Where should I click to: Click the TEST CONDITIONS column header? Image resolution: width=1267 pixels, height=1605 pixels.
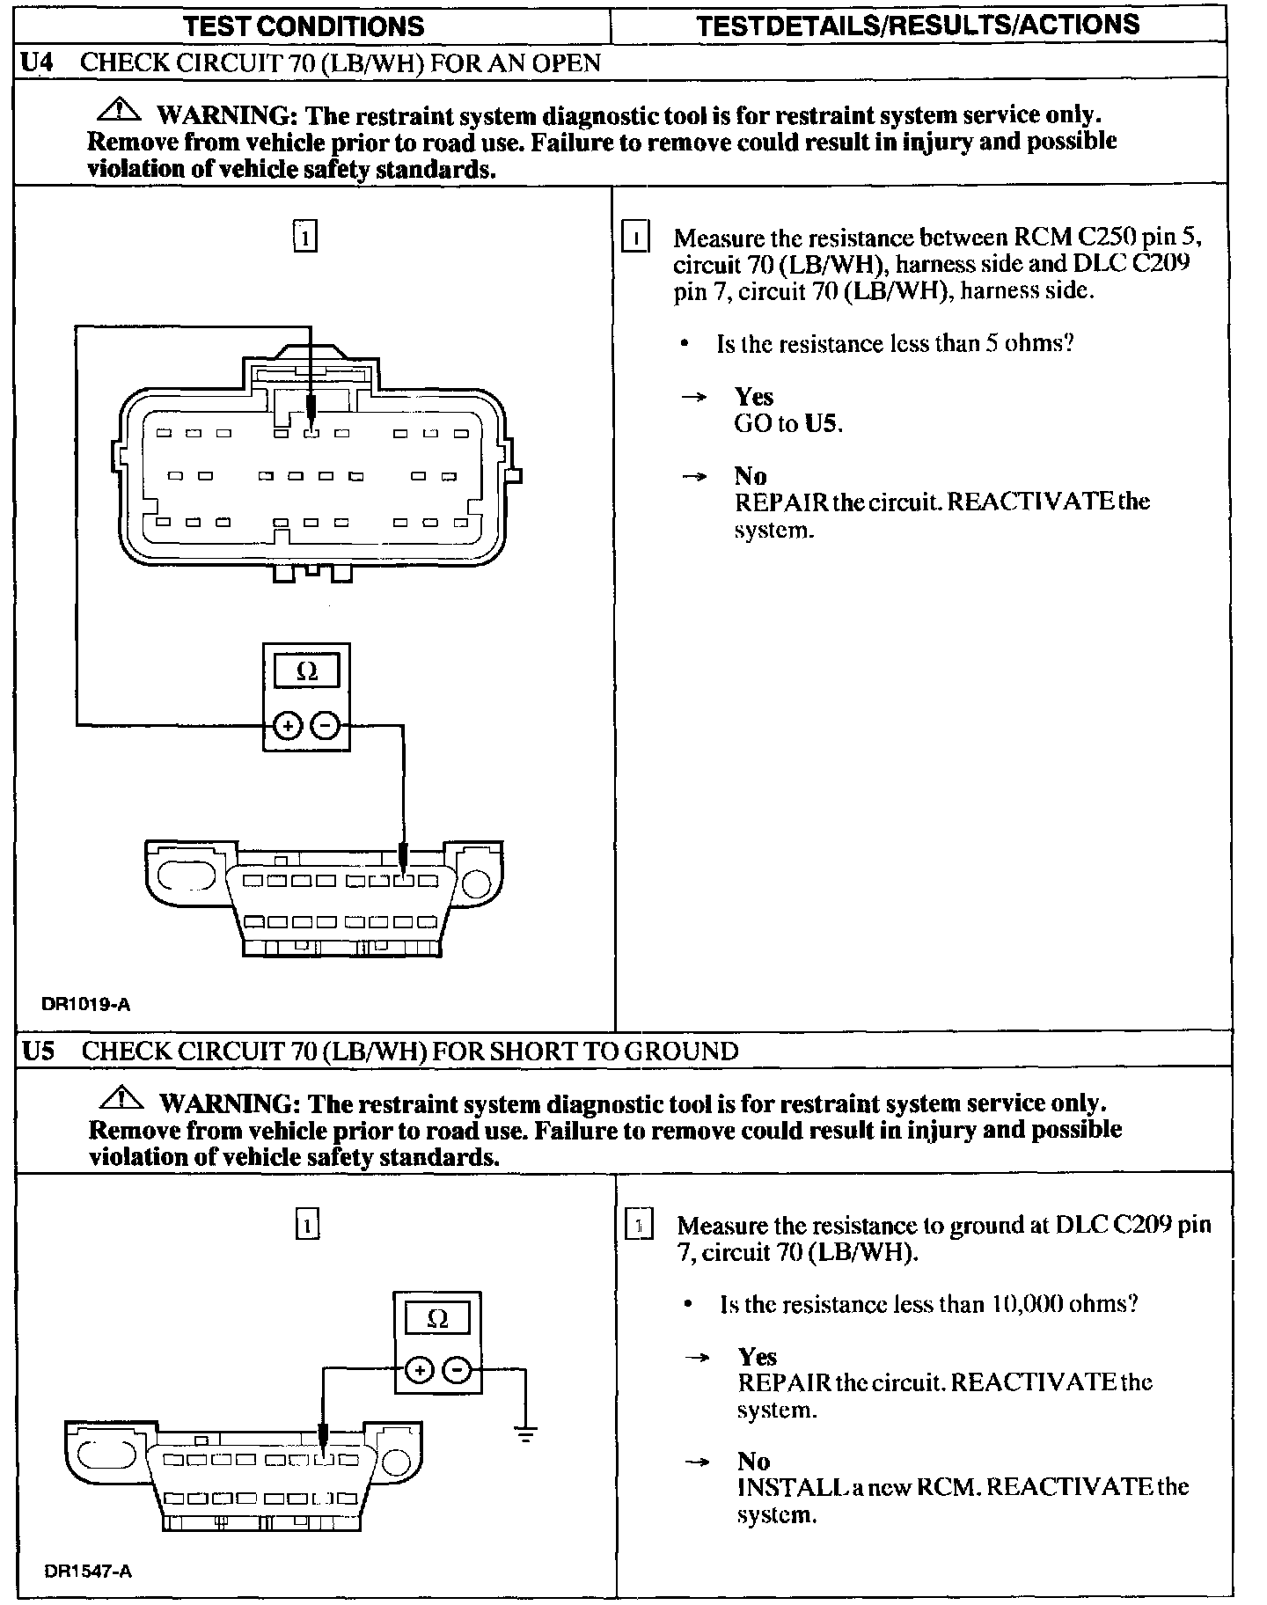(x=304, y=26)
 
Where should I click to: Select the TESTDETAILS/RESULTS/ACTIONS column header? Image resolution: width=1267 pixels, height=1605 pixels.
(x=918, y=25)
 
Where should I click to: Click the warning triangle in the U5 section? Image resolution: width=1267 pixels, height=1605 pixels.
(x=122, y=1099)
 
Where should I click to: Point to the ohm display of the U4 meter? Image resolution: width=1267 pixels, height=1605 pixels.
(x=306, y=672)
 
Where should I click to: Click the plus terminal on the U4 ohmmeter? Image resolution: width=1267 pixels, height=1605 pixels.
(x=288, y=726)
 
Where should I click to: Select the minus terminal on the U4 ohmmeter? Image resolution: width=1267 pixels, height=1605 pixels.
(x=325, y=726)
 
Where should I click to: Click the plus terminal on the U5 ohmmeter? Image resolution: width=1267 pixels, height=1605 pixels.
(x=420, y=1370)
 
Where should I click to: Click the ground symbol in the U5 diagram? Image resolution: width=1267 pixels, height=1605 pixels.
(x=525, y=1435)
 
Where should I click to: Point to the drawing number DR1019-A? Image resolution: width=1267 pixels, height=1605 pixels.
(x=86, y=1004)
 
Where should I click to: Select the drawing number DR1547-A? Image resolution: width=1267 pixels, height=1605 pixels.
(x=88, y=1571)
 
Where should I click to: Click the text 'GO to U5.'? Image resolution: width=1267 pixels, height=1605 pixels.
(x=788, y=424)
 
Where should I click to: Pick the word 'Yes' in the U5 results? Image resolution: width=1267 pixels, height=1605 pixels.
(x=758, y=1356)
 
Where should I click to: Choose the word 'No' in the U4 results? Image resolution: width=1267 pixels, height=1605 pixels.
(x=751, y=476)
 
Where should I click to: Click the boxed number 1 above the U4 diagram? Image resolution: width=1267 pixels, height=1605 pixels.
(x=304, y=237)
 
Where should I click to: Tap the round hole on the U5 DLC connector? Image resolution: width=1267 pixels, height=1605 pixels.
(x=397, y=1459)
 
